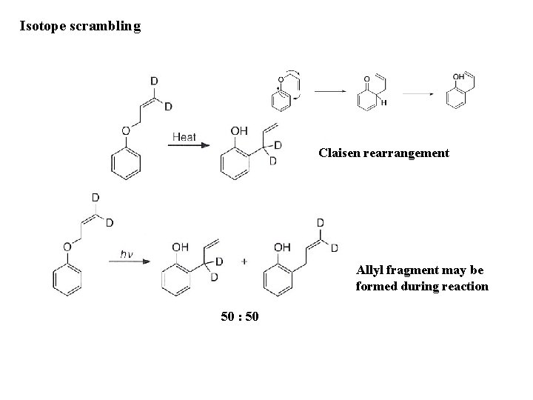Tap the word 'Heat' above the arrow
184,136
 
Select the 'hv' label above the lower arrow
127,254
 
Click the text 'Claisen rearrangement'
383,153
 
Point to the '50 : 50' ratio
240,317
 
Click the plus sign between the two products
244,261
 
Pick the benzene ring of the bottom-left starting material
66,279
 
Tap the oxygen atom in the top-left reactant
126,130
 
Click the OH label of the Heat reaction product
239,131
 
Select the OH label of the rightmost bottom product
283,247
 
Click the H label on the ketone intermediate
383,103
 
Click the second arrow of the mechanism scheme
418,94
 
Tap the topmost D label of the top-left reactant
153,81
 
